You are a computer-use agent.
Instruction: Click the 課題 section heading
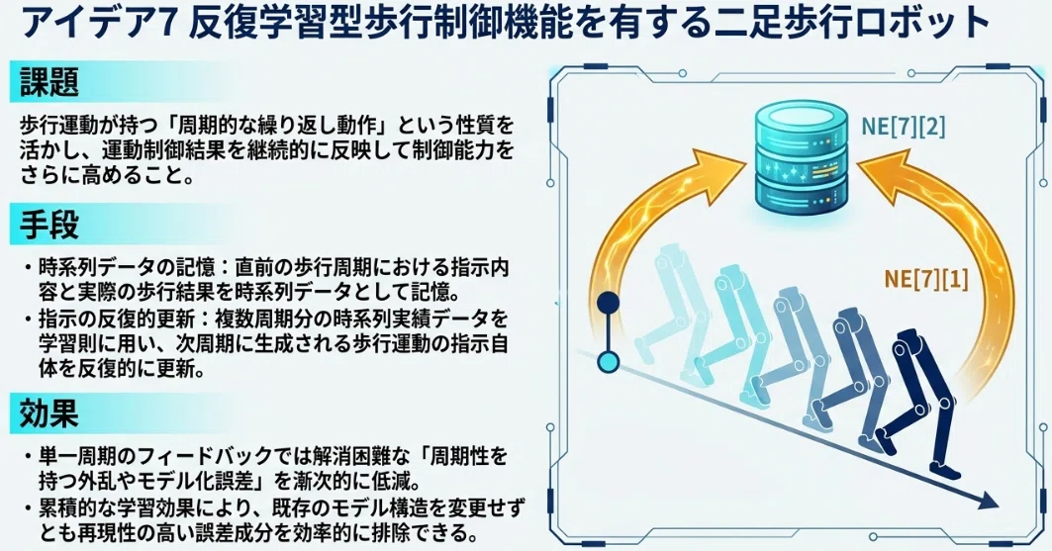pos(48,81)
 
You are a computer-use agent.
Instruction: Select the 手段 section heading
pos(48,225)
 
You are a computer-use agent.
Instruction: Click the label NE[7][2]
pos(903,126)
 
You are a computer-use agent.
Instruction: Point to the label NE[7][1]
pos(926,278)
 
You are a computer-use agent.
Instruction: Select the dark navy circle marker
pos(608,303)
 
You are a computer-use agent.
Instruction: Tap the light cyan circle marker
pos(608,363)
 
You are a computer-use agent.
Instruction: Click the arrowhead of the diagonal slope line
pos(987,501)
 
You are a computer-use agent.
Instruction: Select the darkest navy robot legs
pos(920,403)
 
